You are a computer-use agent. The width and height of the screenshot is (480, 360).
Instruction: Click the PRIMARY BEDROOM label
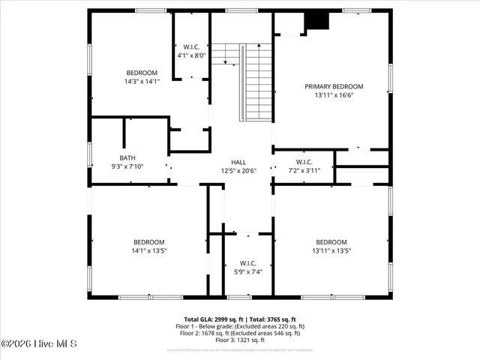click(x=334, y=86)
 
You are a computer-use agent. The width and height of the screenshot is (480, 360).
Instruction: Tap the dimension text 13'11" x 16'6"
click(x=334, y=95)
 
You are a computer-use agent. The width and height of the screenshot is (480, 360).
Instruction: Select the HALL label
click(x=238, y=161)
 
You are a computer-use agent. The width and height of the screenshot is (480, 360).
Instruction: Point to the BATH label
click(x=127, y=157)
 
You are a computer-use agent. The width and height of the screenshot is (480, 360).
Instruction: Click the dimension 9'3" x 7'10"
click(x=127, y=166)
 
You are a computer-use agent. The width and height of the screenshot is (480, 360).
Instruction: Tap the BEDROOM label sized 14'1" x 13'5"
click(x=148, y=241)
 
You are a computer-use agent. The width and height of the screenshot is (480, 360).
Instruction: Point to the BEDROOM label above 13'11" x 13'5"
click(x=331, y=241)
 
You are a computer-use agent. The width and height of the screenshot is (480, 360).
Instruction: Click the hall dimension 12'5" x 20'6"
click(x=238, y=170)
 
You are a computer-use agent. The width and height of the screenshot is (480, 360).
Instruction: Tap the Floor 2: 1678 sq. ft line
click(x=241, y=334)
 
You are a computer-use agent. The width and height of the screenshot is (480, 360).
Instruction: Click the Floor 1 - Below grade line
click(x=240, y=327)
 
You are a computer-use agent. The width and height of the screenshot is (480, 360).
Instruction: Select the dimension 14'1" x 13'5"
click(x=148, y=250)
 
